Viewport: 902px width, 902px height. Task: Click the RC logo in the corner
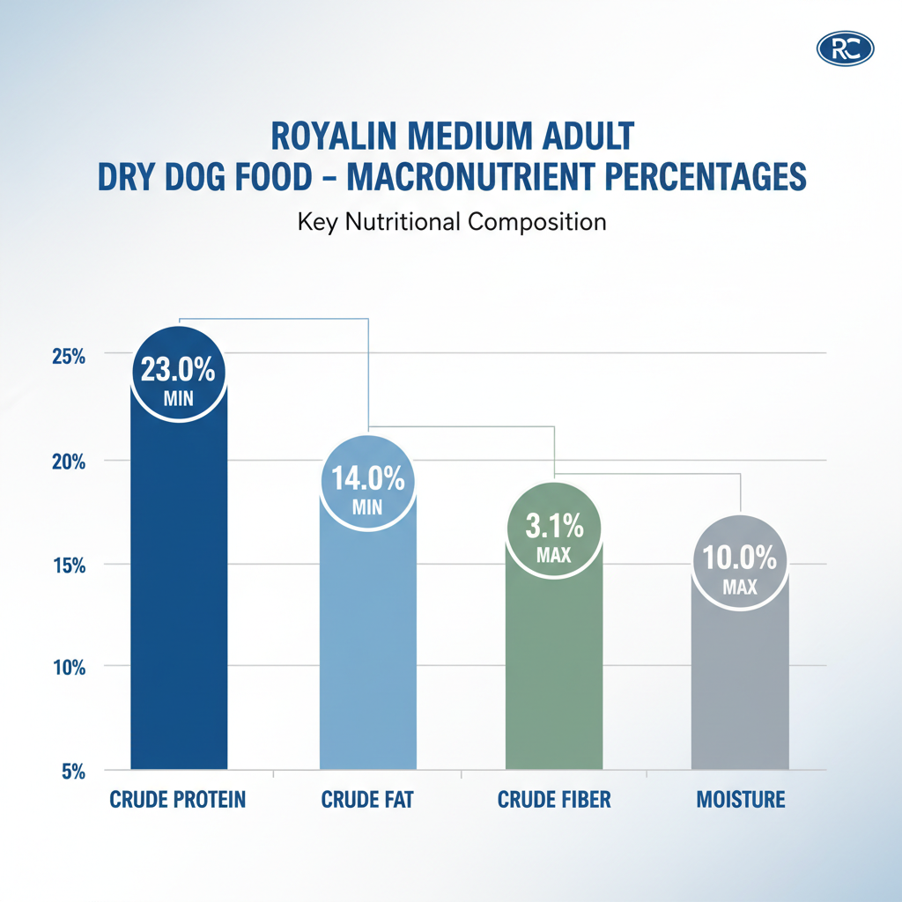(845, 48)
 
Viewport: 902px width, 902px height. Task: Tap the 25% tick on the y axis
(68, 358)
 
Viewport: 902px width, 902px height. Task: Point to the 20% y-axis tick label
(68, 462)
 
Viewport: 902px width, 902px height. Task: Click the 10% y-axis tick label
(68, 669)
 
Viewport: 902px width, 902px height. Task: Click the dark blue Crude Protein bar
(179, 599)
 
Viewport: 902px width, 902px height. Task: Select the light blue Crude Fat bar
(367, 643)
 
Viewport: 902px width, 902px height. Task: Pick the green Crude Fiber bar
(554, 669)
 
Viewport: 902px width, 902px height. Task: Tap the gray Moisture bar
(740, 687)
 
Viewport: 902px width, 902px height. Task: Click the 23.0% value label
(178, 369)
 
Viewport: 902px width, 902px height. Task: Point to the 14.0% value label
(367, 481)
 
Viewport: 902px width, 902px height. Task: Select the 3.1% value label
(554, 529)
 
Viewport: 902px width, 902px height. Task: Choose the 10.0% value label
(740, 558)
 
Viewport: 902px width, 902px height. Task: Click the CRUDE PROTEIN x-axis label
(178, 800)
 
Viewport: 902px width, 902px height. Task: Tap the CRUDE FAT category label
(367, 800)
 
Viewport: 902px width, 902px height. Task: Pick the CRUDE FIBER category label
(554, 800)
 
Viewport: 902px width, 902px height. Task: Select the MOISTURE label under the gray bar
(740, 800)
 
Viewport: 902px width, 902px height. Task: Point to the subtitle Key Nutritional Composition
(452, 221)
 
